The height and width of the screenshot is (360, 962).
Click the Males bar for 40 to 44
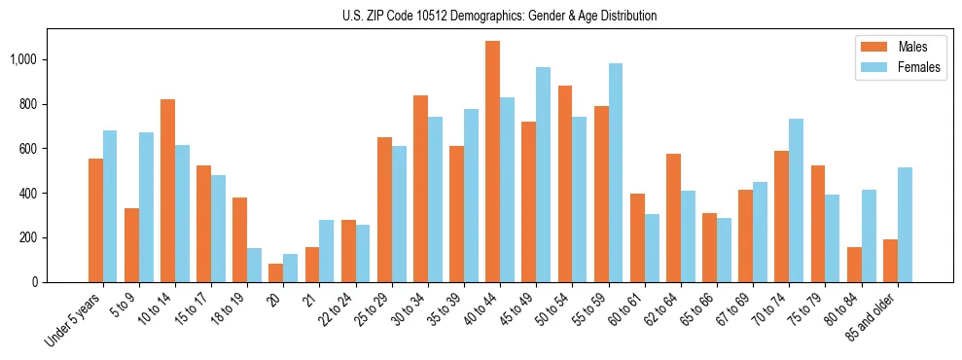(492, 162)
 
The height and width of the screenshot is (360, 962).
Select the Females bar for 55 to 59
(615, 173)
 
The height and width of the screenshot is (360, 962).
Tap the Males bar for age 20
(275, 272)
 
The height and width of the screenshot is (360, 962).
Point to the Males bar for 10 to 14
(167, 191)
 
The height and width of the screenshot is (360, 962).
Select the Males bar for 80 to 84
(854, 265)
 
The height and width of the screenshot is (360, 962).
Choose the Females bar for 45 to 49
(543, 175)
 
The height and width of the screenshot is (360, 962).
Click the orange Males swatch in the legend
(869, 47)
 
